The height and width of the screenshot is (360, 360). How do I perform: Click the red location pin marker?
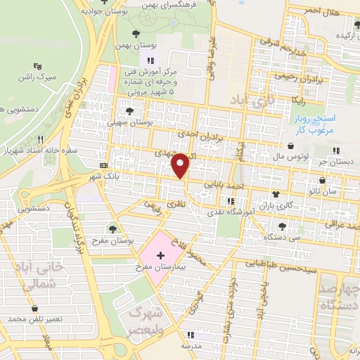tap(181, 165)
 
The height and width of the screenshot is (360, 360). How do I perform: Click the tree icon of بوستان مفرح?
tap(113, 228)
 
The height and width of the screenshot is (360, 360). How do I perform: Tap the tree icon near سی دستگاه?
tap(282, 226)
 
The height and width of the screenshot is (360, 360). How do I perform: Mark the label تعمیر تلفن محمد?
tap(35, 319)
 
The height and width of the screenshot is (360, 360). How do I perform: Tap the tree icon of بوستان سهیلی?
tap(129, 110)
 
